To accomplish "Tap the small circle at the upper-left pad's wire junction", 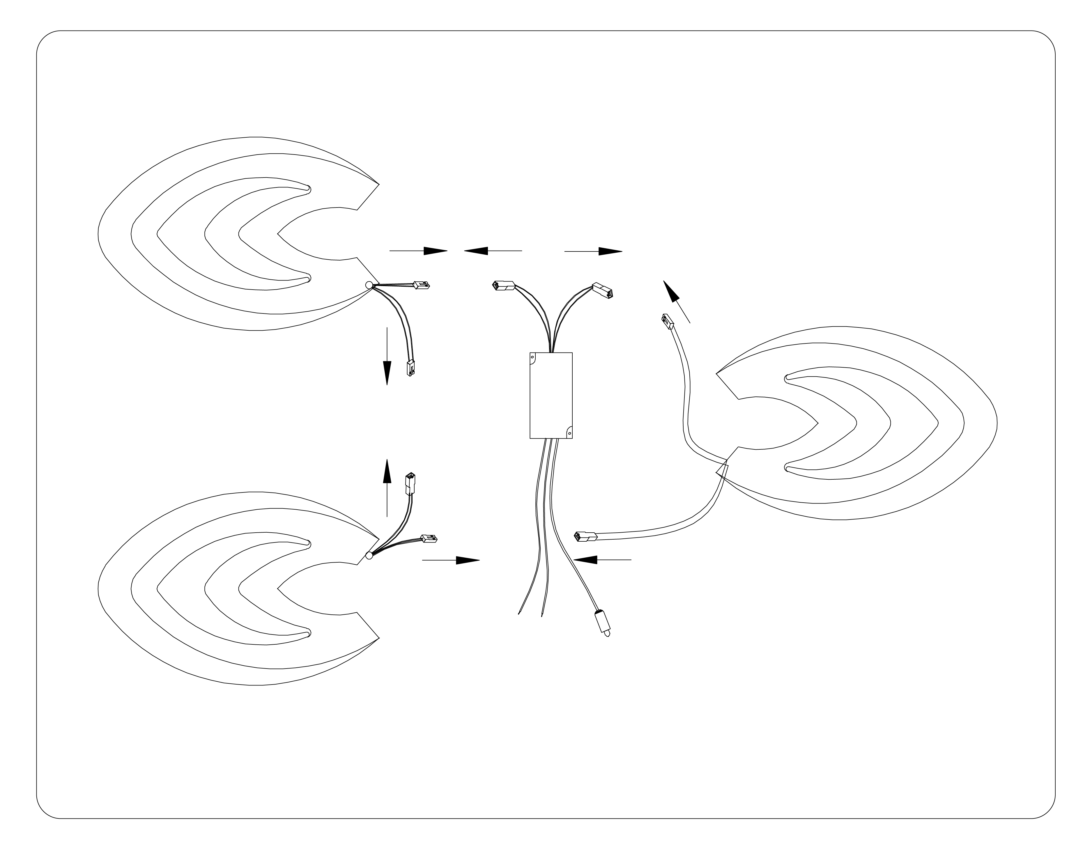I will pos(369,285).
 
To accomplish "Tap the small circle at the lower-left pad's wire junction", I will pos(369,555).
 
